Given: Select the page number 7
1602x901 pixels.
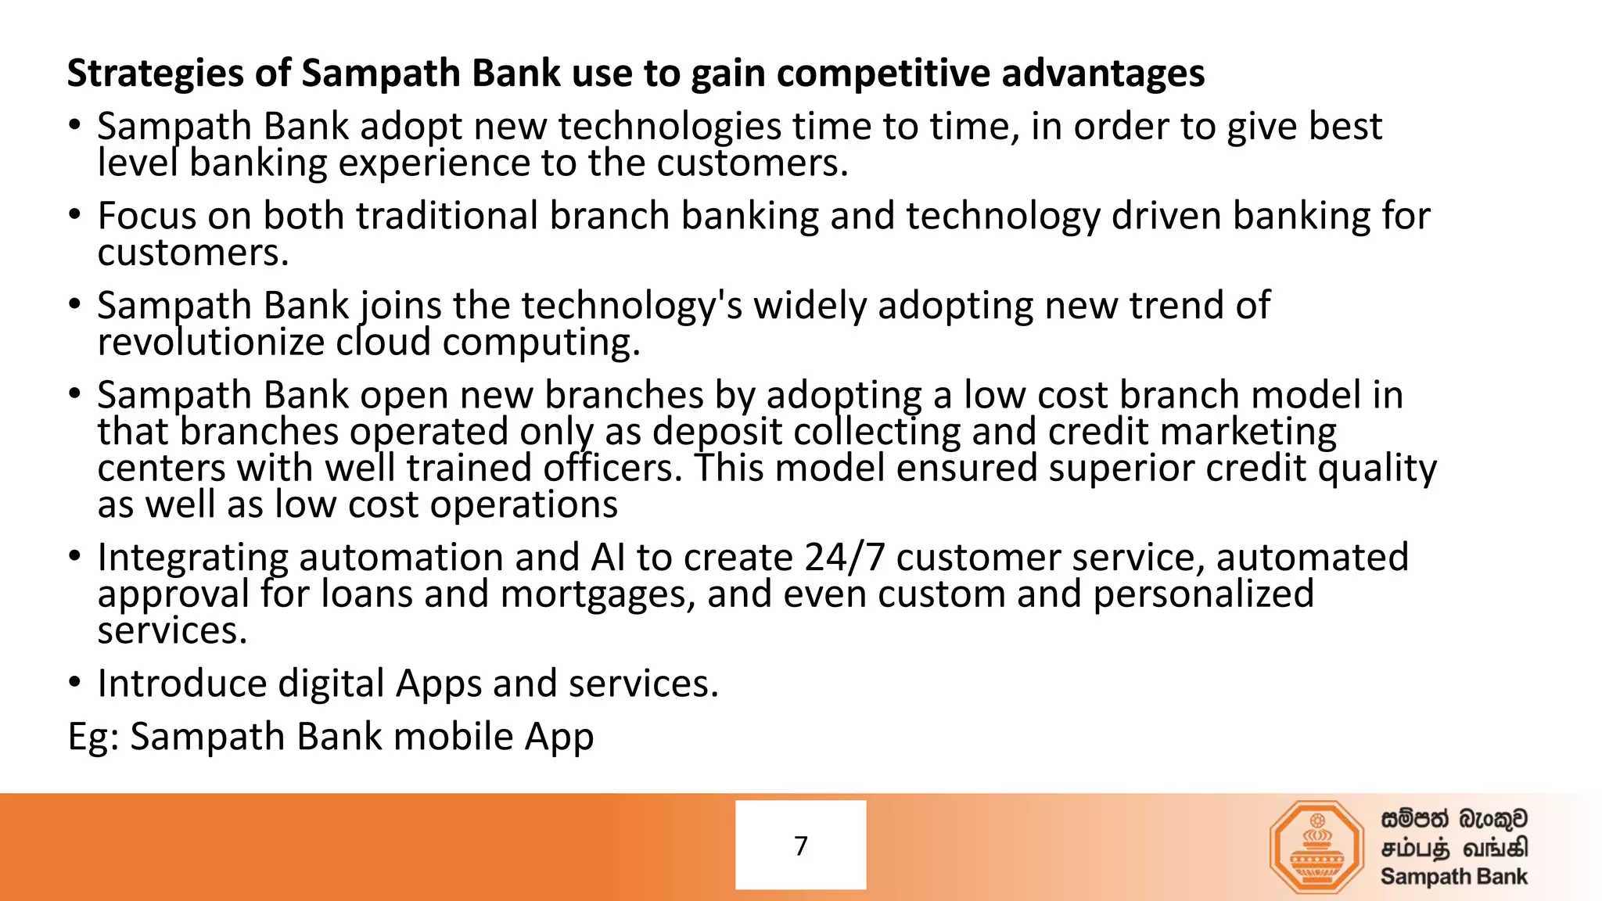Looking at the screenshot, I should click(x=800, y=845).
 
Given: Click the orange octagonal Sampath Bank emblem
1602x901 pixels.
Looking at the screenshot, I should click(x=1316, y=847).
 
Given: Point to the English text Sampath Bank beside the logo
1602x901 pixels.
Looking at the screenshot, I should click(x=1453, y=877).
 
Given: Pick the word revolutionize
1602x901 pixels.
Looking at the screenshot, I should click(x=210, y=343).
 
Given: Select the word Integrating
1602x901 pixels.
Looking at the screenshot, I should click(x=192, y=558).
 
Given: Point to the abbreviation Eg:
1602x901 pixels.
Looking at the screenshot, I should click(x=93, y=737).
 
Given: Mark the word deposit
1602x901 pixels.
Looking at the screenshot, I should click(x=717, y=433).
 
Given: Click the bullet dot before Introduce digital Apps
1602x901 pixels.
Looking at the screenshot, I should click(x=74, y=683).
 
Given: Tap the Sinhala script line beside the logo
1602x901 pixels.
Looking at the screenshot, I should click(x=1453, y=819).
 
